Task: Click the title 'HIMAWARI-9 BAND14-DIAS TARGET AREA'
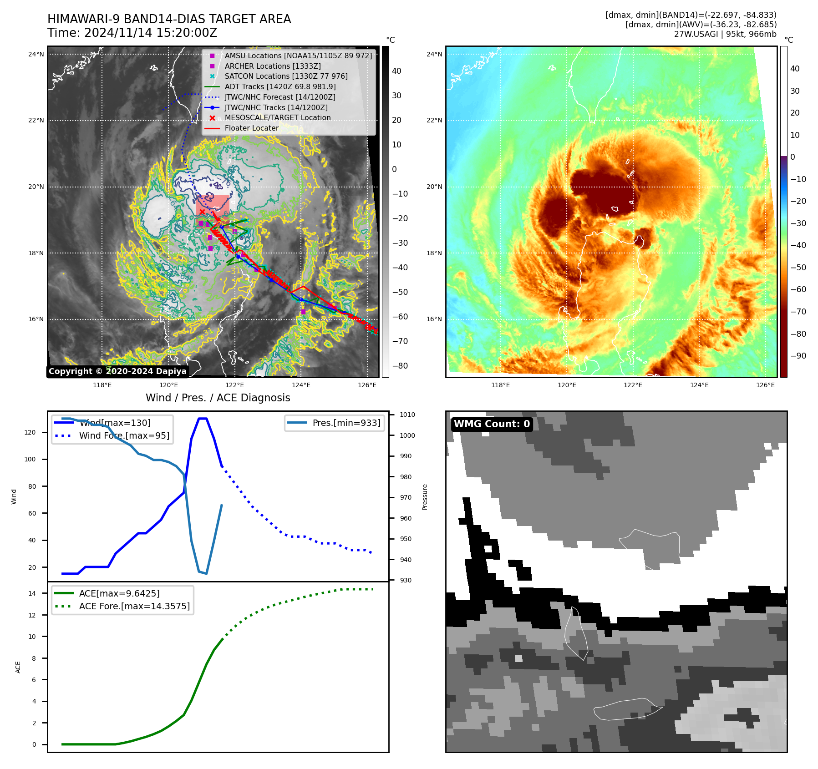pos(169,19)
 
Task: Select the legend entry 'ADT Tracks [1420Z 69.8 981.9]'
pos(280,86)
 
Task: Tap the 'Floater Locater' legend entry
pos(251,128)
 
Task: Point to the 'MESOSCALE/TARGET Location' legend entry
pos(278,117)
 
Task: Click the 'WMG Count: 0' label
pos(492,424)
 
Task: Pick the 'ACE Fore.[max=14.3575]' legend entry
pos(134,606)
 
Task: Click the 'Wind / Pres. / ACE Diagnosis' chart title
pos(218,398)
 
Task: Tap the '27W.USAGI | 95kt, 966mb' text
pos(725,34)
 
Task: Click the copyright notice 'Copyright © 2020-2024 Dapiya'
pos(117,371)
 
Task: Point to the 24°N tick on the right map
pos(434,54)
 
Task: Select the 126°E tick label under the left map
pos(367,385)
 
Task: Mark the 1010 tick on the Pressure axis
pos(407,415)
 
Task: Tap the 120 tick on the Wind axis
pos(30,432)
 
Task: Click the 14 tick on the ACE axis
pos(32,593)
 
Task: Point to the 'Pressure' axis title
pos(425,497)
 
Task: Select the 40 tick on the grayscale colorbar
pos(396,71)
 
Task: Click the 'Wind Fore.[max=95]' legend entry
pos(124,435)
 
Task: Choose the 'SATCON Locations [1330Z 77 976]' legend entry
pos(286,76)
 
